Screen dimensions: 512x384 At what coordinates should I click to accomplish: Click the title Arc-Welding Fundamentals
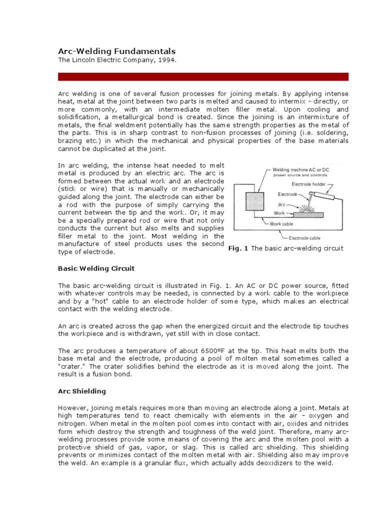tap(117, 51)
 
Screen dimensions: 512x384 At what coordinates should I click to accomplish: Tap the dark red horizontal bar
tap(203, 76)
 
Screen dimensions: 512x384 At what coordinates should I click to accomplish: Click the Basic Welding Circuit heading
tap(96, 268)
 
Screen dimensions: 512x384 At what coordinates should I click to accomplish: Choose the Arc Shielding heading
tap(82, 391)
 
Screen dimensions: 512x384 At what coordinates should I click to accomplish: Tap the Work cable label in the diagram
tap(282, 223)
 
